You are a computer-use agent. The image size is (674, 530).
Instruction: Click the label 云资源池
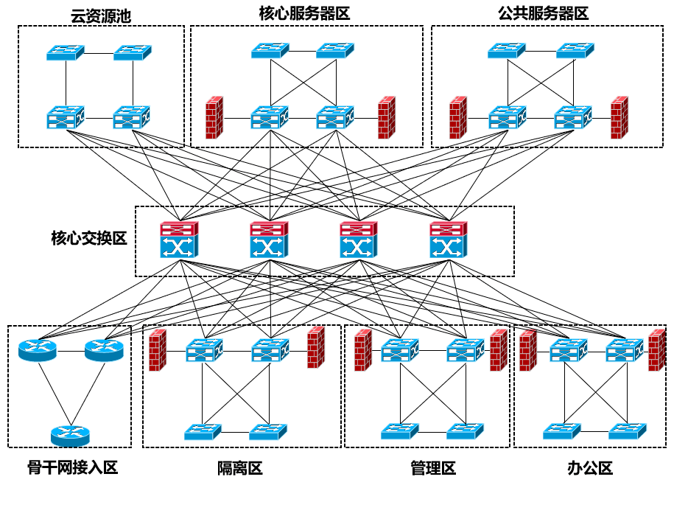101,15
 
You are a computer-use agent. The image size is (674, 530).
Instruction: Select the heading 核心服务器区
304,13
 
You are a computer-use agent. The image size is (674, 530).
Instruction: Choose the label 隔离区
239,468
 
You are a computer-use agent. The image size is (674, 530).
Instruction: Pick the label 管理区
432,468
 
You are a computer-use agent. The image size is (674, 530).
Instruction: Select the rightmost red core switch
449,240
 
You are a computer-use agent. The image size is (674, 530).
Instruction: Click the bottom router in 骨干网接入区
70,435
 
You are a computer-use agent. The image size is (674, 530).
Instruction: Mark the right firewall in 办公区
656,350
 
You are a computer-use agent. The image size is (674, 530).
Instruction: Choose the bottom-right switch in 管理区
465,430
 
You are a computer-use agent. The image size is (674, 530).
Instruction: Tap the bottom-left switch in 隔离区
203,431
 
